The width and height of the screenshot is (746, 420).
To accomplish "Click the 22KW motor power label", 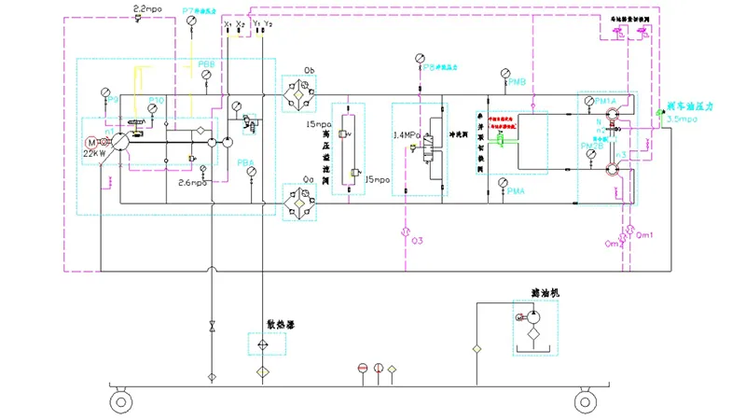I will tap(95, 152).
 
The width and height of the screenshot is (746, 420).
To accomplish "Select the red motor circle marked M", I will tap(92, 142).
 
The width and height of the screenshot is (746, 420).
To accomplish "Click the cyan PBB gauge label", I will tap(206, 64).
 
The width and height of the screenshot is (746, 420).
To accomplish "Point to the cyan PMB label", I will tap(518, 82).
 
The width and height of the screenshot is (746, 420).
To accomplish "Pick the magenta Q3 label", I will tap(417, 241).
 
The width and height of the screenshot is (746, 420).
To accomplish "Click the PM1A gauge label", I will tap(605, 101).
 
